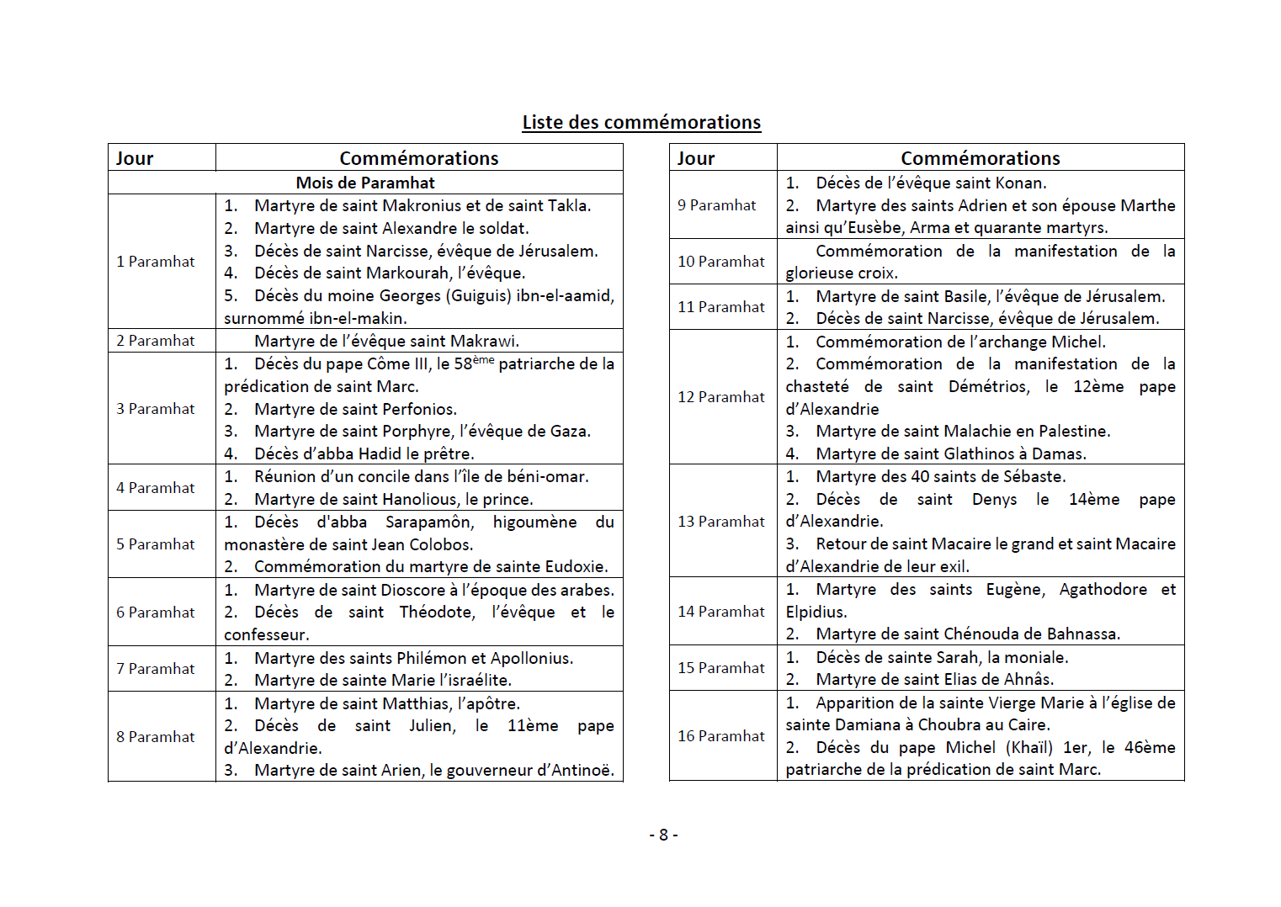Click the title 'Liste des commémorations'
pyautogui.click(x=641, y=122)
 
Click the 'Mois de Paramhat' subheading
pyautogui.click(x=365, y=183)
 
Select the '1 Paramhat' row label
pyautogui.click(x=156, y=262)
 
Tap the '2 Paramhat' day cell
pyautogui.click(x=156, y=341)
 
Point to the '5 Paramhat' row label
pyautogui.click(x=156, y=544)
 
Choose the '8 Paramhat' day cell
pyautogui.click(x=156, y=737)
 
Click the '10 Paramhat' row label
pyautogui.click(x=721, y=262)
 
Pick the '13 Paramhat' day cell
pyautogui.click(x=721, y=522)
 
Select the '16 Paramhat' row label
pyautogui.click(x=721, y=736)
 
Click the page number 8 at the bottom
pyautogui.click(x=663, y=835)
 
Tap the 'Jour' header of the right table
pyautogui.click(x=696, y=158)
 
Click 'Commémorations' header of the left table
pyautogui.click(x=419, y=158)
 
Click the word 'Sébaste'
pyautogui.click(x=1034, y=476)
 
